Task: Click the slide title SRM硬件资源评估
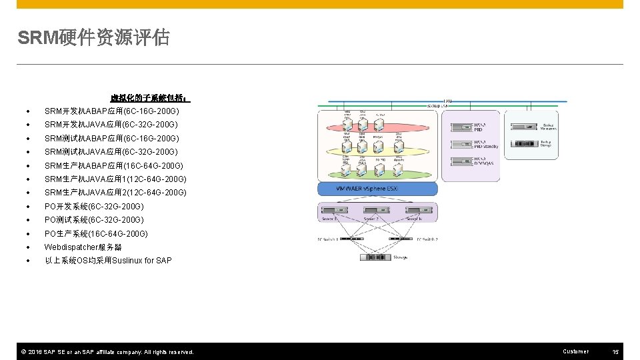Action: (x=93, y=38)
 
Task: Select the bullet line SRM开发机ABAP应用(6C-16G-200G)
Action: (x=111, y=111)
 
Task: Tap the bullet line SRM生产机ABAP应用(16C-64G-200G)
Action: (x=113, y=165)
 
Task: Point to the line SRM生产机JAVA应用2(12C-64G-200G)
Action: (x=115, y=193)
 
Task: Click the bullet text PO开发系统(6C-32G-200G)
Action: (x=94, y=207)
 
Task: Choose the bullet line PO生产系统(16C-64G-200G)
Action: (x=96, y=234)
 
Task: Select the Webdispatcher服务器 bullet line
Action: (x=83, y=247)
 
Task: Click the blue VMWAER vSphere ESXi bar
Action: (x=377, y=189)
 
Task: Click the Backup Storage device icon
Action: (x=525, y=143)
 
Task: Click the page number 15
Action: (x=615, y=351)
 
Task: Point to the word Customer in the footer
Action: (x=575, y=351)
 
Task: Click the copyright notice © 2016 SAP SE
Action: (x=106, y=352)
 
